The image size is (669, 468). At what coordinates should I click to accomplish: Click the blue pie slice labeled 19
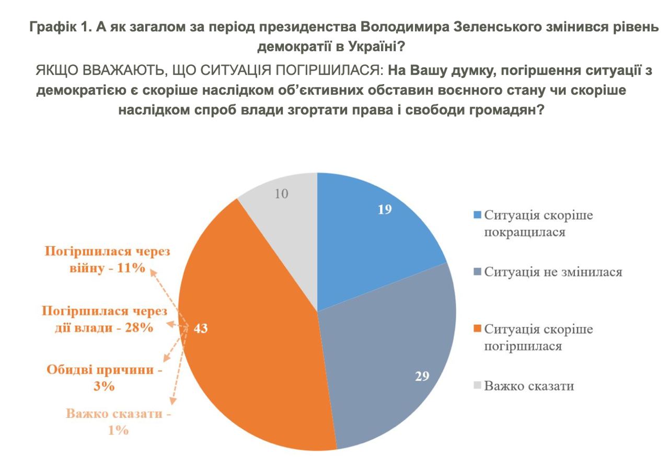point(366,235)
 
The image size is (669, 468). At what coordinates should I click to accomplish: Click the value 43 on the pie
point(201,328)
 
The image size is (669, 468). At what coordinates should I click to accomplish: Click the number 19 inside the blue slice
point(385,210)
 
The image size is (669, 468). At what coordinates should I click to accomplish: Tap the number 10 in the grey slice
point(281,193)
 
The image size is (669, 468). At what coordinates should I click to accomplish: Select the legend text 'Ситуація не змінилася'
point(553,272)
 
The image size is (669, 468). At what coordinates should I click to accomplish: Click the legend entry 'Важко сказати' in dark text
point(529,386)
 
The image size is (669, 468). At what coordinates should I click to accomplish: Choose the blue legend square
point(477,215)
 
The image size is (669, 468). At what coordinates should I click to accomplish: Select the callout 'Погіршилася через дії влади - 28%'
point(105,319)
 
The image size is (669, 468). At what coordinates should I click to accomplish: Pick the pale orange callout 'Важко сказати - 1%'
point(119,422)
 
